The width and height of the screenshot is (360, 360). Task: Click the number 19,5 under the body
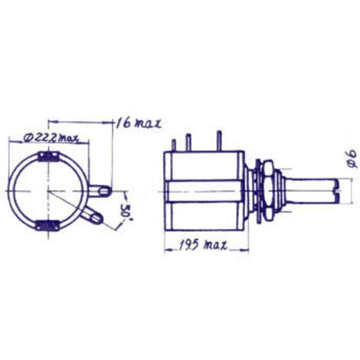coord(188,246)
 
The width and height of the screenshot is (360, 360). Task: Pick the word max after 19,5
coord(217,246)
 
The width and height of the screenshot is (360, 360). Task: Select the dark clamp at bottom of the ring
coord(47,226)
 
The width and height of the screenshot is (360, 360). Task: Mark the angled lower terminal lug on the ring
coord(94,216)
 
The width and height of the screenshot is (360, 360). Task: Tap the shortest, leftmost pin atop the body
coord(175,143)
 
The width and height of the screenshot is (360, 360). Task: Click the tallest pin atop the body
coord(220,140)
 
